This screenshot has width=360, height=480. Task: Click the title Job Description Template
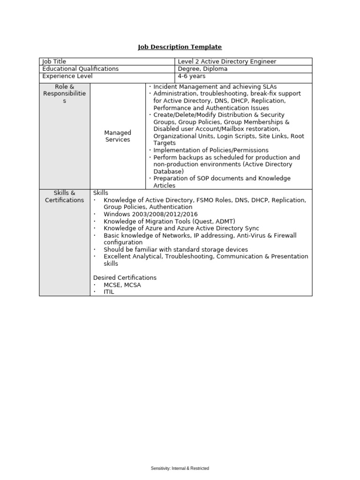coord(180,47)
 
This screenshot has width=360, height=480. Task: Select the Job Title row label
coord(54,61)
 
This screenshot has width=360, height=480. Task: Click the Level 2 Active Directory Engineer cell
coord(226,61)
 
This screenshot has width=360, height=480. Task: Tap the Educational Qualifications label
coord(80,69)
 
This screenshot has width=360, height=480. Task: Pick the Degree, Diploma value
coord(202,69)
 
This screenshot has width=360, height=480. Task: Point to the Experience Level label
coord(67,76)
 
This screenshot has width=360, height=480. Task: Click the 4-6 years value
coord(191,76)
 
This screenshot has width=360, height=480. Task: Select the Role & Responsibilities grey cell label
coord(65,94)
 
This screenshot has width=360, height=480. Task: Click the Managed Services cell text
coord(118,136)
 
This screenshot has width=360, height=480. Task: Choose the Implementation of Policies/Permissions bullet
coord(211,150)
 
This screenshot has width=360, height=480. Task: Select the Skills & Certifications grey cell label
coord(65,196)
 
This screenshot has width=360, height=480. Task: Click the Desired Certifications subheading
coord(125,277)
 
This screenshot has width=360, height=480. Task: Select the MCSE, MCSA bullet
coord(122,285)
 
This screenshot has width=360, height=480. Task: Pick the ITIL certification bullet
coord(109,292)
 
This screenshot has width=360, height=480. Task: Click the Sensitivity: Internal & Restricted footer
coord(180,468)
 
